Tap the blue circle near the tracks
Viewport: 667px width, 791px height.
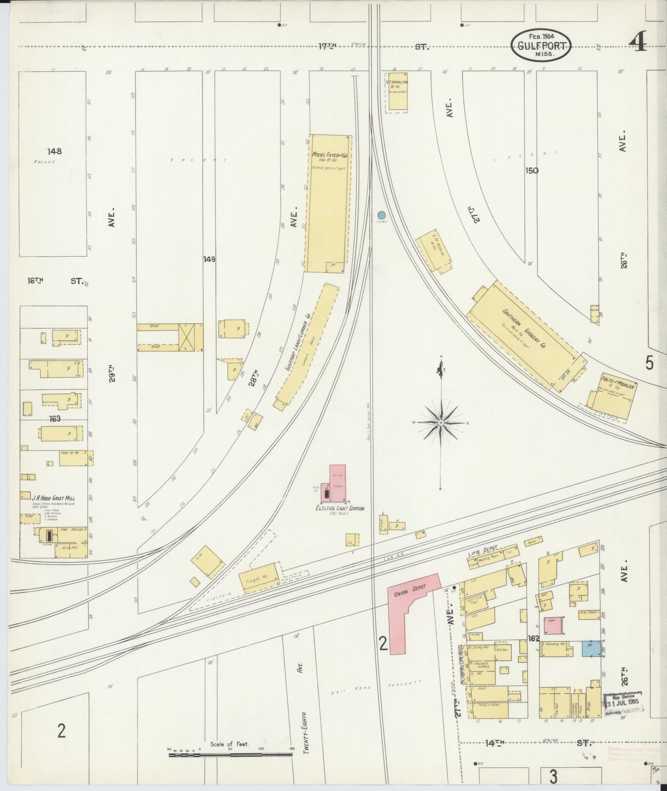(381, 215)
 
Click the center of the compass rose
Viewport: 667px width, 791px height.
(441, 423)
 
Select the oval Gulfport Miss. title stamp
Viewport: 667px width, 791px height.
(541, 45)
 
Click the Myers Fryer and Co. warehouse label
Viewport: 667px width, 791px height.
(329, 157)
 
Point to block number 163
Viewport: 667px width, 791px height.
(54, 419)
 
